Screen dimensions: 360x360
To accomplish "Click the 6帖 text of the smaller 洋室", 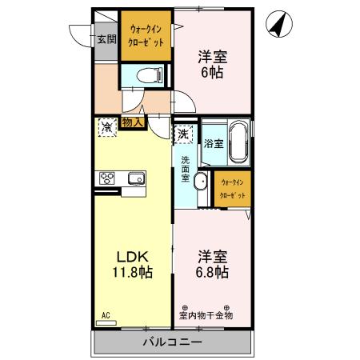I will click(x=211, y=71).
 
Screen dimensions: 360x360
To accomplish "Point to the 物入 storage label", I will click(x=133, y=122).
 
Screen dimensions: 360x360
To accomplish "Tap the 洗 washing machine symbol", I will click(x=184, y=134).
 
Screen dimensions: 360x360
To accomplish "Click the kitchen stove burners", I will click(x=108, y=179).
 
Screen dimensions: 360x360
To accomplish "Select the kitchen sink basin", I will click(x=134, y=179).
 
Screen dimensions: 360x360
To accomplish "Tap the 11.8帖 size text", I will click(x=132, y=272).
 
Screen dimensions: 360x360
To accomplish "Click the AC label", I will click(x=105, y=316).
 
